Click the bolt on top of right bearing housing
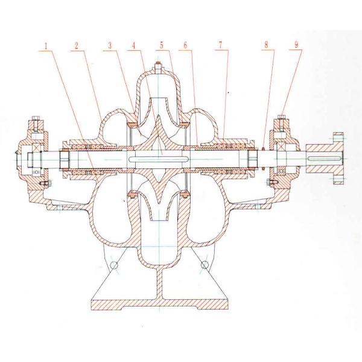pyautogui.click(x=281, y=116)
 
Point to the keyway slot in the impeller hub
pyautogui.click(x=158, y=159)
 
